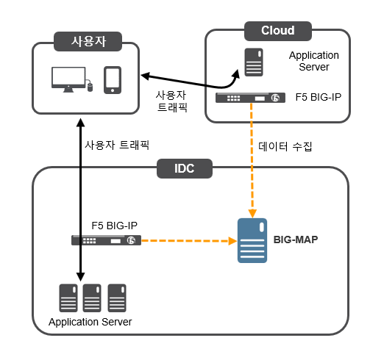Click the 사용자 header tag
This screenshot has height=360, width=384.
pyautogui.click(x=88, y=41)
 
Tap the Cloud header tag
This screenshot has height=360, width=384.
pyautogui.click(x=278, y=31)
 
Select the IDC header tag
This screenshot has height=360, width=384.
pyautogui.click(x=185, y=168)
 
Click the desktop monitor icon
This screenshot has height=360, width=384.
pyautogui.click(x=68, y=79)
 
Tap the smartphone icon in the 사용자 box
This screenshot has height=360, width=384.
pyautogui.click(x=113, y=80)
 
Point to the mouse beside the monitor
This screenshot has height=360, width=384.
pyautogui.click(x=90, y=87)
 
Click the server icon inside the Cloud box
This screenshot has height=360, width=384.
pyautogui.click(x=254, y=62)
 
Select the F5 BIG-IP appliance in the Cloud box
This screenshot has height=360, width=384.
pyautogui.click(x=250, y=98)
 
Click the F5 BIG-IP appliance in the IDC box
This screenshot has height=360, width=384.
pyautogui.click(x=106, y=240)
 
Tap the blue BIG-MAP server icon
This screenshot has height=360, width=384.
pyautogui.click(x=252, y=240)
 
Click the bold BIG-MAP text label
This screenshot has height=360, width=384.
pyautogui.click(x=296, y=240)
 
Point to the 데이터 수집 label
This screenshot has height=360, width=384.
pyautogui.click(x=285, y=146)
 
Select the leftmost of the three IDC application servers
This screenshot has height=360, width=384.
pyautogui.click(x=68, y=298)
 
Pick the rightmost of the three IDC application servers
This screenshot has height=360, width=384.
pyautogui.click(x=117, y=298)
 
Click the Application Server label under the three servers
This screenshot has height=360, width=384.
pyautogui.click(x=90, y=322)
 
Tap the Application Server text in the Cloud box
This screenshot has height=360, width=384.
pyautogui.click(x=314, y=61)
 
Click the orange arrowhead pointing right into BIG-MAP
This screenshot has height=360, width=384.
pyautogui.click(x=232, y=241)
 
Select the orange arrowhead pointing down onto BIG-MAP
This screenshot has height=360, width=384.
pyautogui.click(x=252, y=214)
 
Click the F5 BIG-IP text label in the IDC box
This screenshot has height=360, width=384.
pyautogui.click(x=114, y=226)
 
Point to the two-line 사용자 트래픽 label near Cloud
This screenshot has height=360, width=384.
pyautogui.click(x=171, y=101)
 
